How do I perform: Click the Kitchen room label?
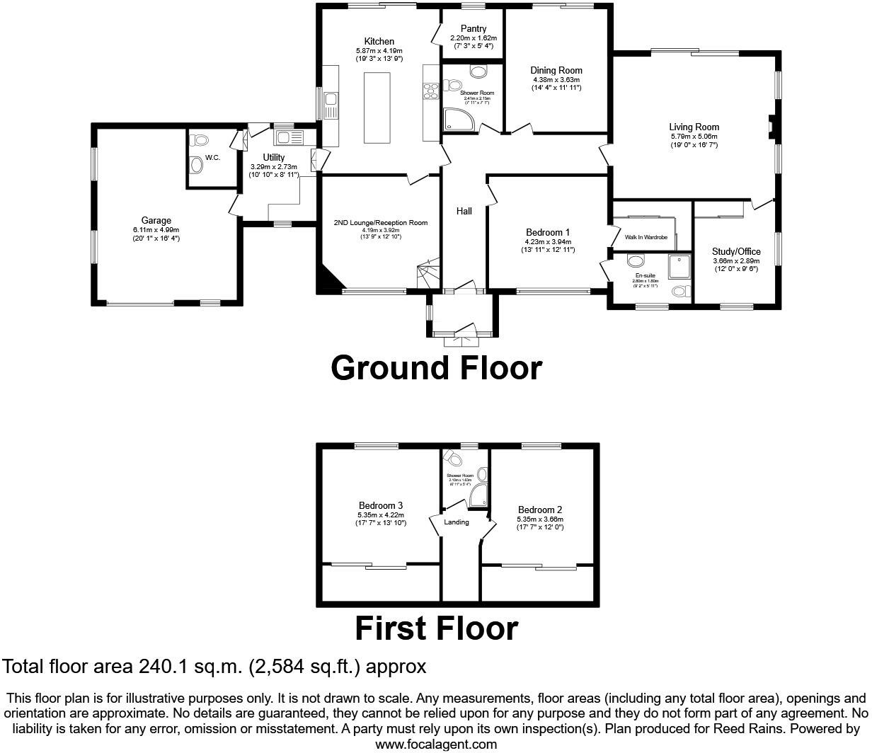tap(379, 42)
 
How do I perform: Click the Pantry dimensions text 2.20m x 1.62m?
tap(473, 38)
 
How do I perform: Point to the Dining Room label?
tap(556, 70)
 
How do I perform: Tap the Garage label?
tap(156, 221)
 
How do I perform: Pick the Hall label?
tap(464, 211)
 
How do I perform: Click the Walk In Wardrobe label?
tap(646, 238)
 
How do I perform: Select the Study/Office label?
tap(737, 251)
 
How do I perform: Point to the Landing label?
tap(457, 522)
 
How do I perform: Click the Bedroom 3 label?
tap(380, 505)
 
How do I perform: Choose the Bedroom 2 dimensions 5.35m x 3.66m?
tap(540, 519)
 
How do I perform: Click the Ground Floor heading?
tap(436, 368)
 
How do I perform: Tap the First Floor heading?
tap(436, 628)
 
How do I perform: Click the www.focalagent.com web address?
tap(436, 744)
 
